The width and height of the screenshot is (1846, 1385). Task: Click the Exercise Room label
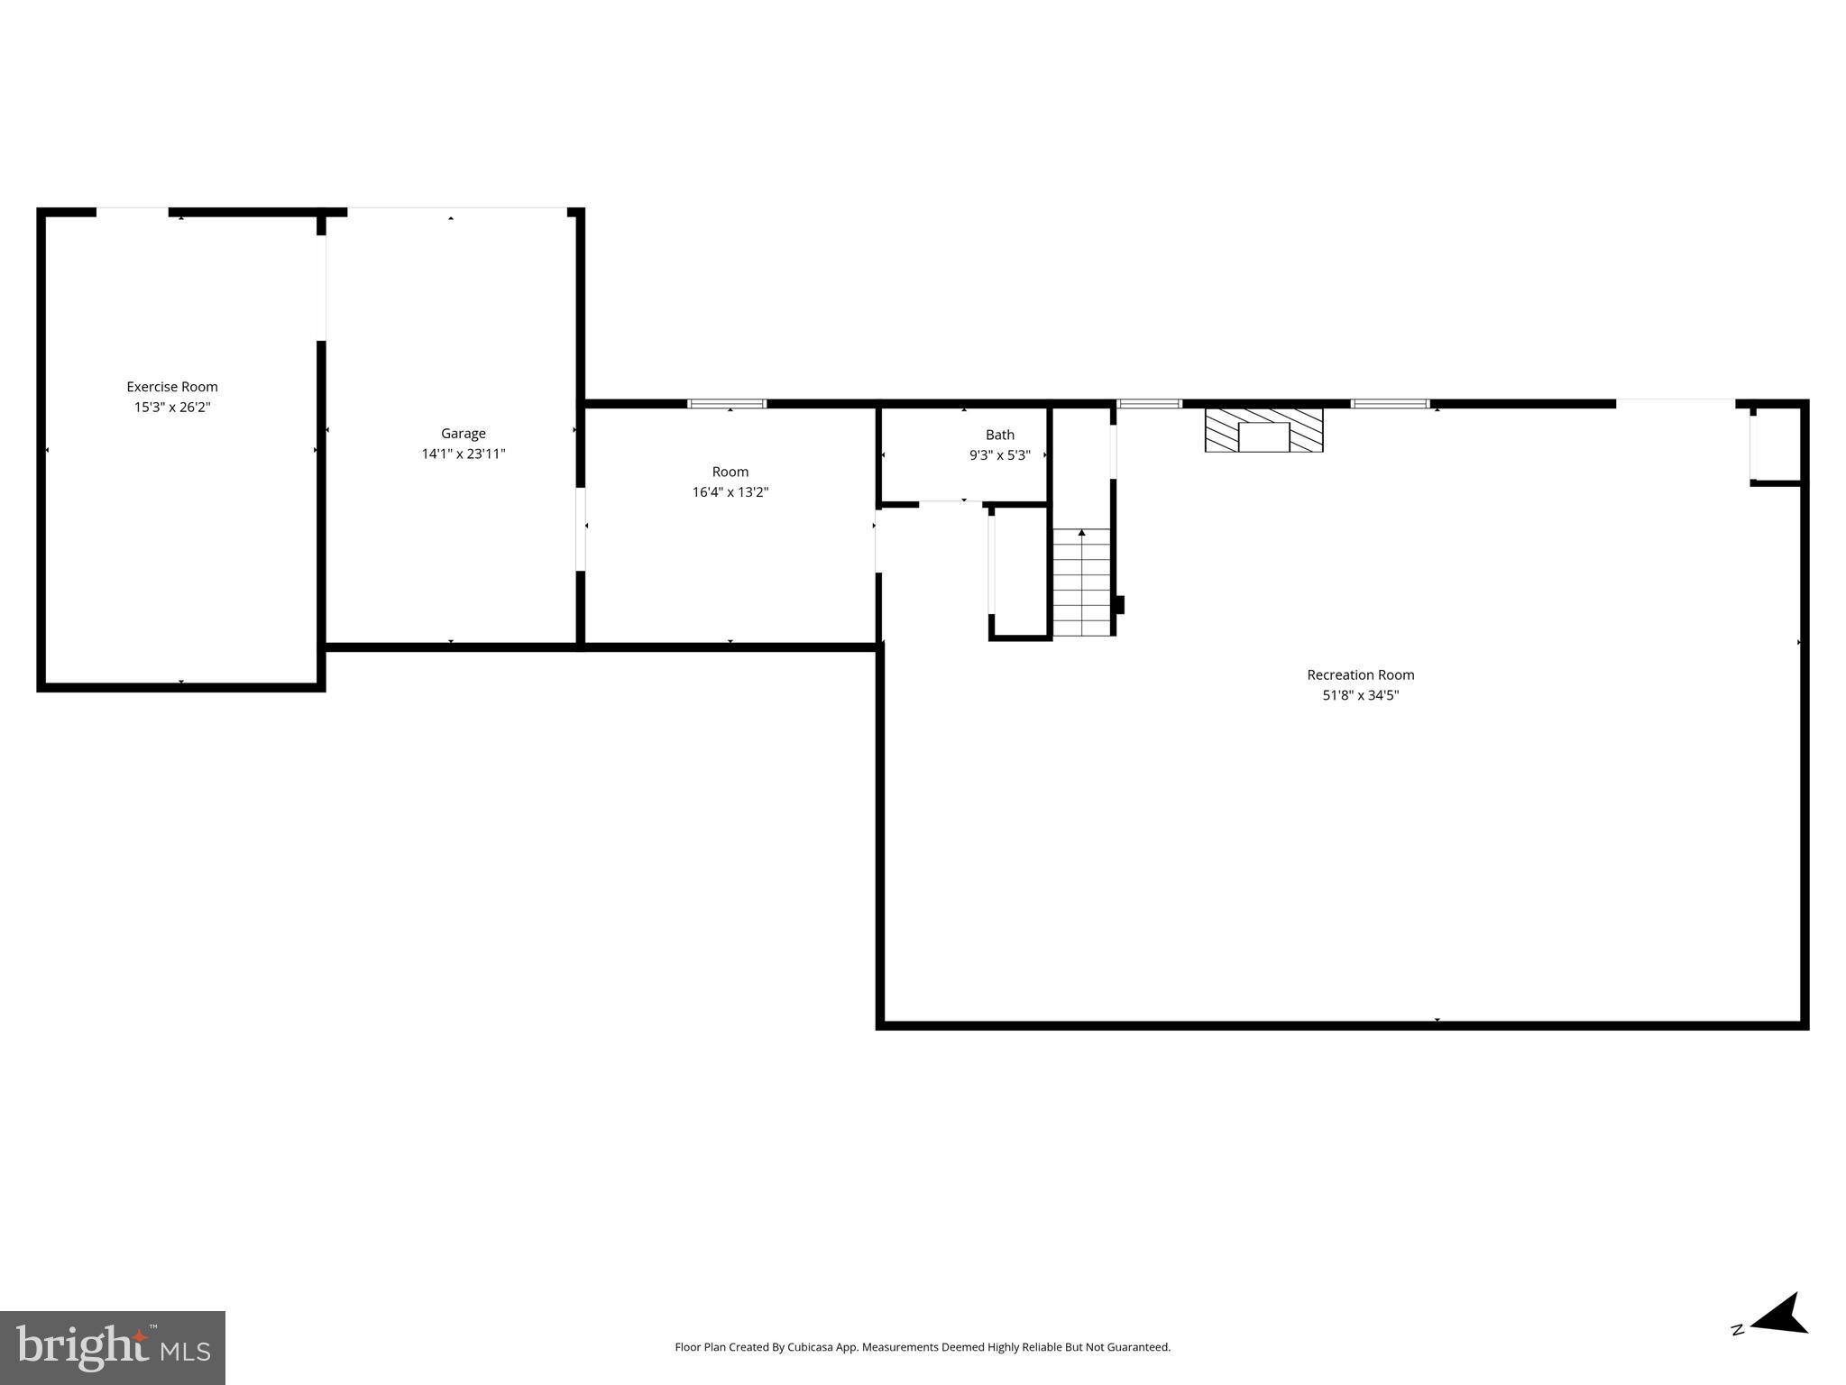pyautogui.click(x=171, y=387)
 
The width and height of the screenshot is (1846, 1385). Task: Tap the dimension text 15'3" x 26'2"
pyautogui.click(x=171, y=408)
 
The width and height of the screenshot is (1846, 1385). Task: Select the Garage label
pyautogui.click(x=463, y=434)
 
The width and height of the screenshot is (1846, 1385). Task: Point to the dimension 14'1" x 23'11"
pyautogui.click(x=463, y=454)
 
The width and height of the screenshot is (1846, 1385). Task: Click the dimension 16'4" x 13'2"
pyautogui.click(x=730, y=492)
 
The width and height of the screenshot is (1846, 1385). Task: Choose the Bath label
pyautogui.click(x=999, y=435)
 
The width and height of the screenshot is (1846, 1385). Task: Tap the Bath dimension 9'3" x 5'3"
pyautogui.click(x=999, y=456)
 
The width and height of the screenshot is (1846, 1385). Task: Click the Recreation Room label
pyautogui.click(x=1360, y=674)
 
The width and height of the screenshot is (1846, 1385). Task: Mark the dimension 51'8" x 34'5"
pyautogui.click(x=1360, y=695)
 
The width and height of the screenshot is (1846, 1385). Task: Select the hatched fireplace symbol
pyautogui.click(x=1263, y=430)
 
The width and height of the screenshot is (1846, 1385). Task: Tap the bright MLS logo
pyautogui.click(x=113, y=1347)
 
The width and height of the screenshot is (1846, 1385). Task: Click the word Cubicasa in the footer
pyautogui.click(x=809, y=1347)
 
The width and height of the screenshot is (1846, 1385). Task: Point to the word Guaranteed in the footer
pyautogui.click(x=1139, y=1347)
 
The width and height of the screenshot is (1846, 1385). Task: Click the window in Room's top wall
pyautogui.click(x=727, y=404)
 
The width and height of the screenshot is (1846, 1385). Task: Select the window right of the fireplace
pyautogui.click(x=1390, y=404)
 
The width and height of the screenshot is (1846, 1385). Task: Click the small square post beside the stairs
pyautogui.click(x=1120, y=605)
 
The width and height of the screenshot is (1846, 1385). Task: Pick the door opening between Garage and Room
pyautogui.click(x=581, y=529)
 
